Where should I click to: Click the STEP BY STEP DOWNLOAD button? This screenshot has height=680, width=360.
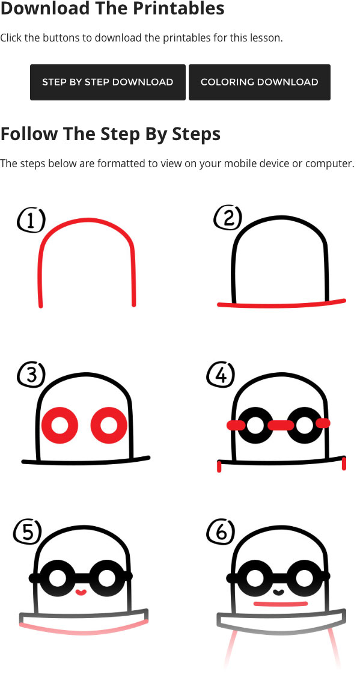[x=108, y=82]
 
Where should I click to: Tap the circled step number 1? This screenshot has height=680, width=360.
[x=31, y=221]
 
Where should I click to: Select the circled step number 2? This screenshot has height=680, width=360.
[x=228, y=218]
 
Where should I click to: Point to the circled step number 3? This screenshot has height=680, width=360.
[x=31, y=375]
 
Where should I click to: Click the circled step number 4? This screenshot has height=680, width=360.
[x=221, y=376]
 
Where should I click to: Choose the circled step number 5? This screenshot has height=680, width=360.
[x=28, y=531]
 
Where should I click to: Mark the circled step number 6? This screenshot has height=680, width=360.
[x=220, y=532]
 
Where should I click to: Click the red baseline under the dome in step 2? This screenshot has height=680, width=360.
[x=281, y=304]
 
